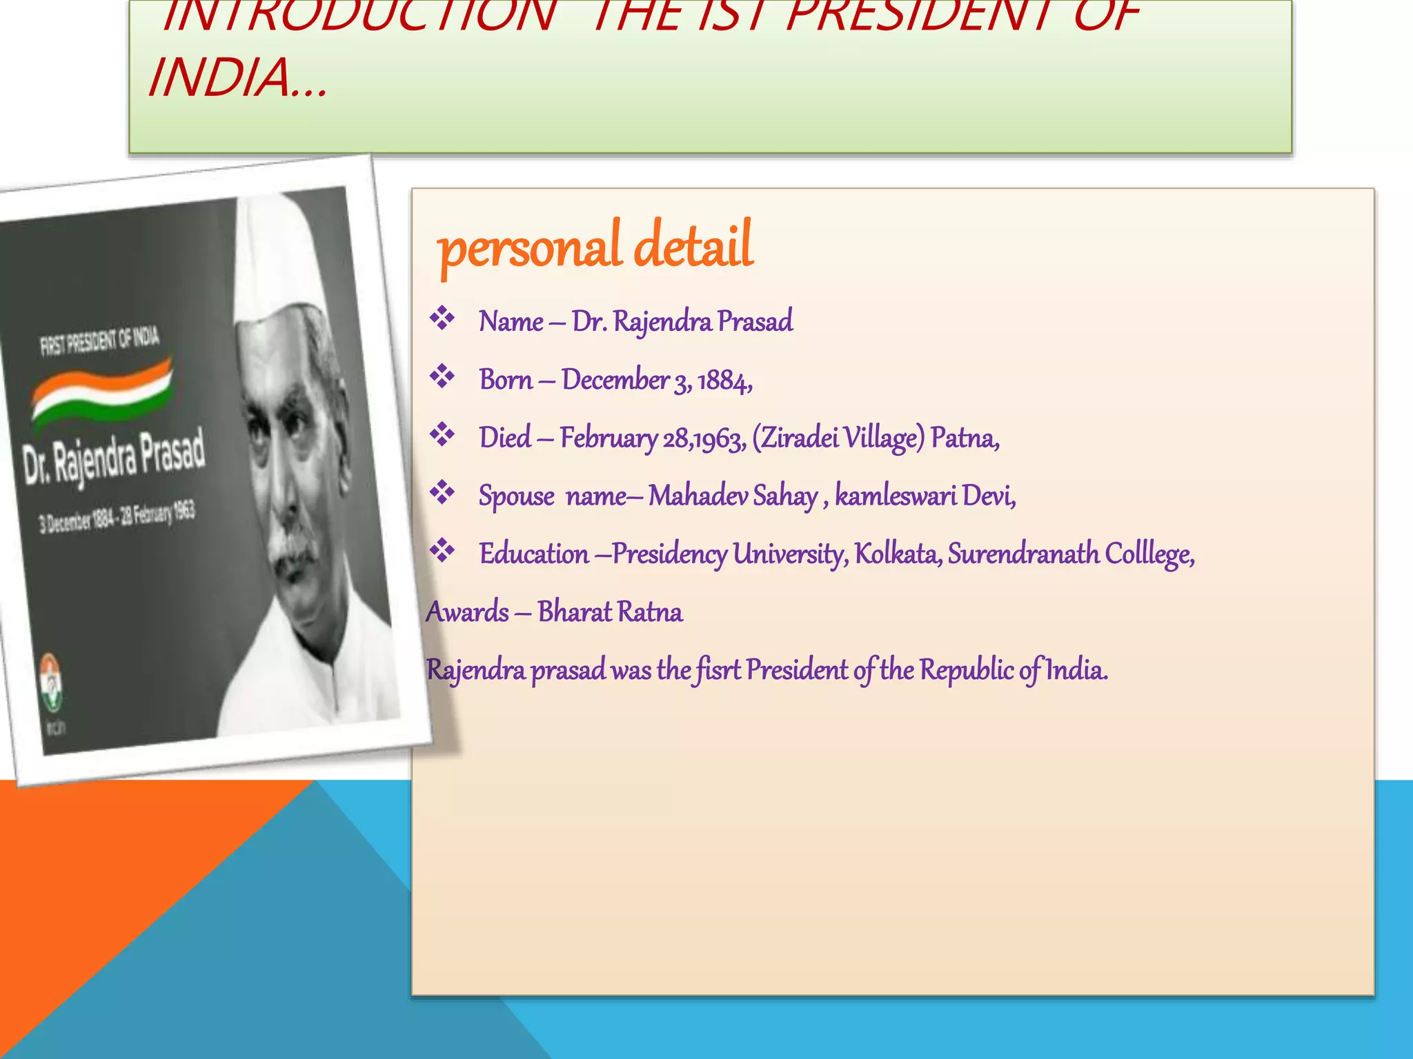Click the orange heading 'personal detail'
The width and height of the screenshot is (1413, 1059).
[595, 246]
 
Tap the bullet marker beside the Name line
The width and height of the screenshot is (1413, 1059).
[442, 319]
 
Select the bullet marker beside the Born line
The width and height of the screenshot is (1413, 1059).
[442, 377]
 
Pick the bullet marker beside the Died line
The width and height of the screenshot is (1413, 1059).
[442, 435]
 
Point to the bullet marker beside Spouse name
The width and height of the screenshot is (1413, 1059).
[442, 493]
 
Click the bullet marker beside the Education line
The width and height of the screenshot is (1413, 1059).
[442, 551]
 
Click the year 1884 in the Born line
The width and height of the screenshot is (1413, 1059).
[724, 380]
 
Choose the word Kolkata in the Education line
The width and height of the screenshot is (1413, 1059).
[898, 554]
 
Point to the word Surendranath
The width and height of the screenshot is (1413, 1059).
[1023, 554]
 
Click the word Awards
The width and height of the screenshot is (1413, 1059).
[468, 612]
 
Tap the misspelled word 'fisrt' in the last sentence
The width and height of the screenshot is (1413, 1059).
[718, 669]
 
